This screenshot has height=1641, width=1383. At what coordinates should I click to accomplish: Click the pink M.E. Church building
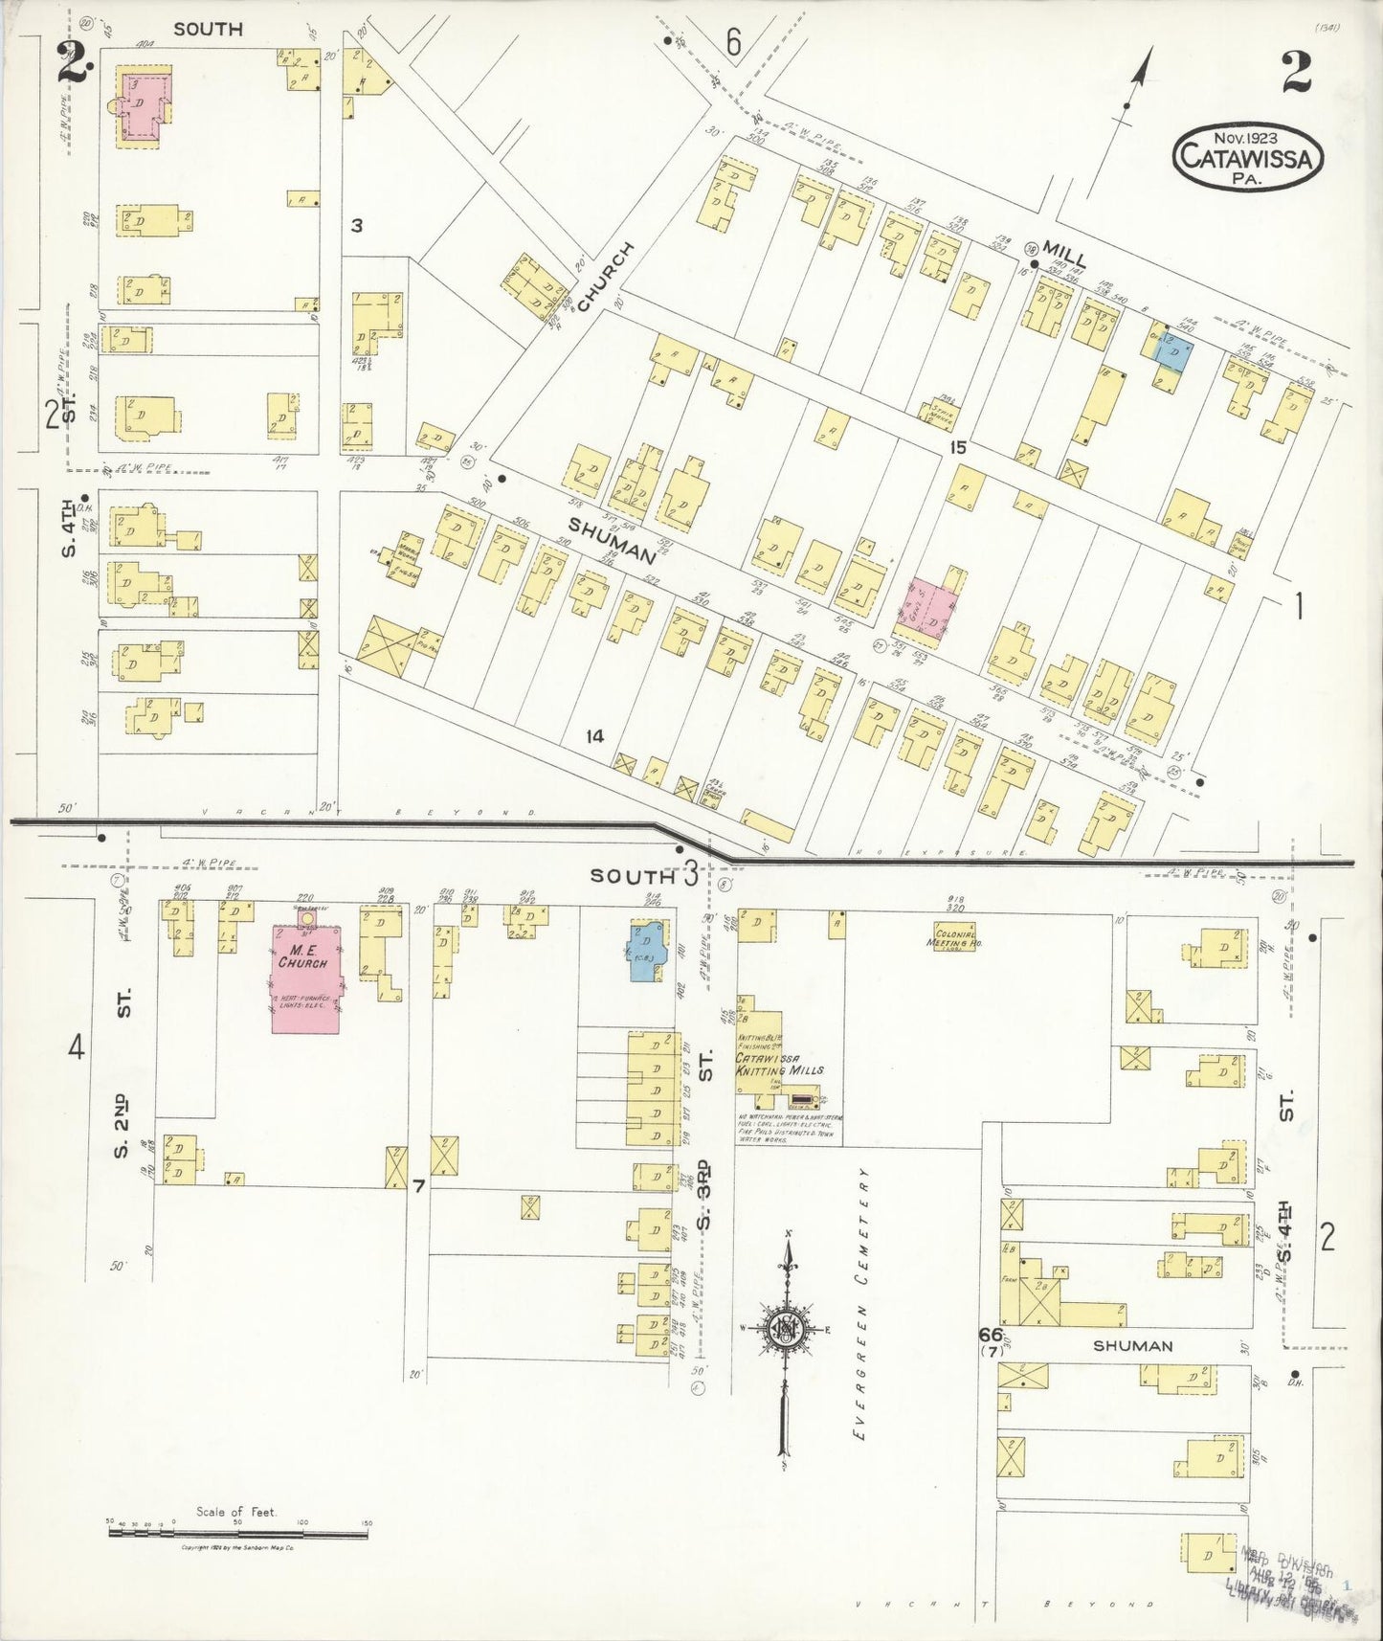click(x=305, y=978)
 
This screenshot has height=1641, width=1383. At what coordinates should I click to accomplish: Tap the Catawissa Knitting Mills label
click(x=778, y=1064)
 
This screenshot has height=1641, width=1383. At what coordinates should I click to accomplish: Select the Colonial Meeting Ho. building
click(x=954, y=934)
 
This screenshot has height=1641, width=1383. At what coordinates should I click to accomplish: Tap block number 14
click(x=595, y=736)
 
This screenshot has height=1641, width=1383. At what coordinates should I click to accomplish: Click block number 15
click(x=958, y=447)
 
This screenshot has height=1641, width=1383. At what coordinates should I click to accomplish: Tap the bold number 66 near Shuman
click(x=990, y=1334)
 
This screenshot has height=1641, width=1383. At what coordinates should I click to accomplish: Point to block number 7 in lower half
click(x=418, y=1186)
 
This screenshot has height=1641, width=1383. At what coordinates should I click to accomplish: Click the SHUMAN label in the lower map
click(x=1132, y=1345)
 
